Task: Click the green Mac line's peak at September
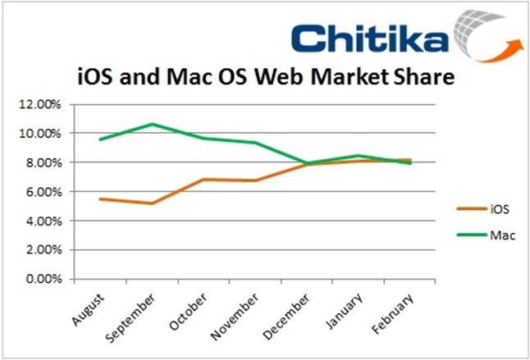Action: point(152,124)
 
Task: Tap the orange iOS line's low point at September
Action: point(152,203)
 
